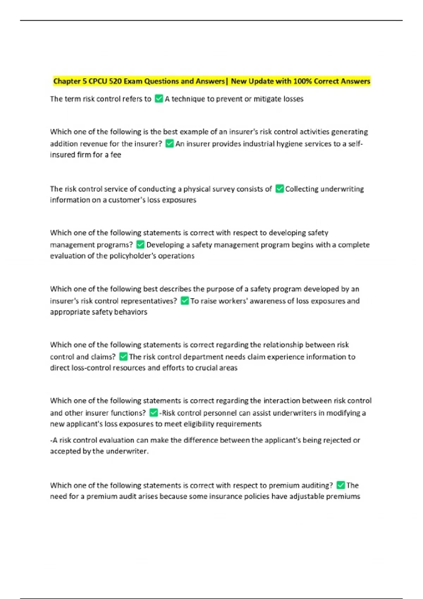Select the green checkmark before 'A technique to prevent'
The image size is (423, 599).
point(159,99)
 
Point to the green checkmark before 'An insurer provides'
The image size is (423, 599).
point(170,144)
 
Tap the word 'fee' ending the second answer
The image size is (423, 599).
point(116,155)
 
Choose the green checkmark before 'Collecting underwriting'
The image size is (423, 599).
point(280,189)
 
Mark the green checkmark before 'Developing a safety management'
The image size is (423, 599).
point(140,245)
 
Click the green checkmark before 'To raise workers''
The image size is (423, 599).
point(185,301)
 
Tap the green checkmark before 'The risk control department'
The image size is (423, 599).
point(123,357)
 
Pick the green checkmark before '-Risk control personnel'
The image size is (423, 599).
point(154,413)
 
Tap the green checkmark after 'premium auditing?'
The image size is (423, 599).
point(341,485)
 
